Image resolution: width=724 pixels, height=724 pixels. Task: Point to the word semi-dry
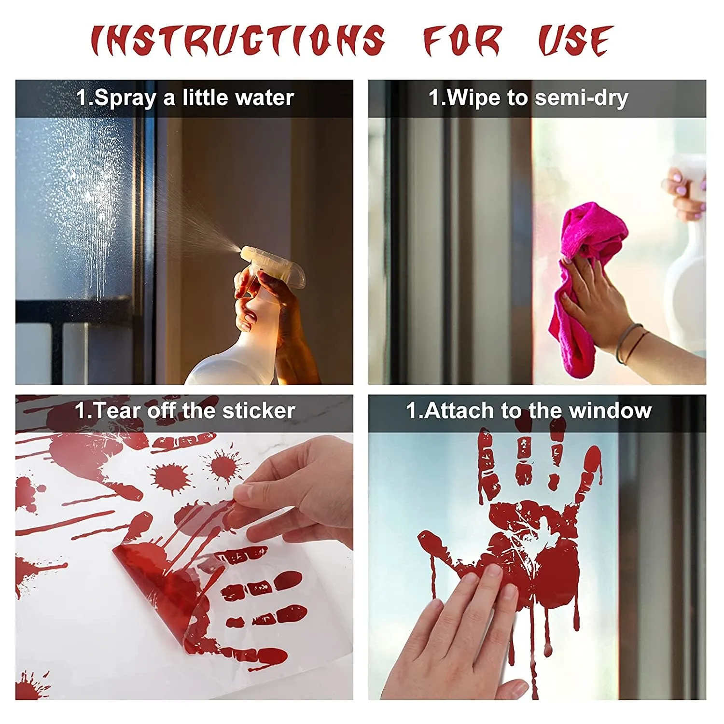click(582, 98)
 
